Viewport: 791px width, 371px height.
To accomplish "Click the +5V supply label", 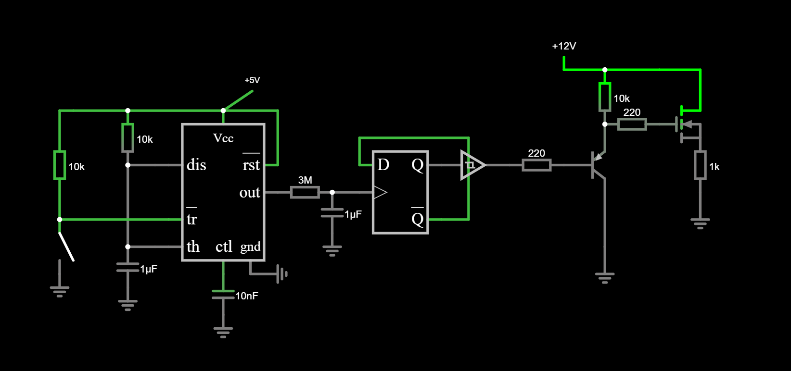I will (252, 80).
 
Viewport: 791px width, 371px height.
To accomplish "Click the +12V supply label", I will (564, 46).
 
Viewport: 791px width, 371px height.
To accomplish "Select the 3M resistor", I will (305, 192).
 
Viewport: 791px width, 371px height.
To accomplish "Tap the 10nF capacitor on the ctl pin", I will (223, 294).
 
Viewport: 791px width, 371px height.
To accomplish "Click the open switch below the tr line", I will (66, 247).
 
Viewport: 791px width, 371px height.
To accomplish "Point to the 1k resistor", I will (700, 165).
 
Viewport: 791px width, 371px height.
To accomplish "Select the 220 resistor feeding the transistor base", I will (536, 165).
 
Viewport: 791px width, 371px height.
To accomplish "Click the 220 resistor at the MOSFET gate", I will (632, 124).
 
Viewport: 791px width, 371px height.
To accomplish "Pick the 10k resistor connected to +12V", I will (605, 97).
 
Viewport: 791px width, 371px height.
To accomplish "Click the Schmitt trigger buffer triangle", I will (472, 165).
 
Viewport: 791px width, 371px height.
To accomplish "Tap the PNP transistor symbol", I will (599, 165).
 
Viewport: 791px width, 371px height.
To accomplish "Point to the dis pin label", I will (196, 165).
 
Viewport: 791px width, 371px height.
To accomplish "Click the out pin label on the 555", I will (250, 192).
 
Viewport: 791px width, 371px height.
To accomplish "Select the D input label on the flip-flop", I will (383, 165).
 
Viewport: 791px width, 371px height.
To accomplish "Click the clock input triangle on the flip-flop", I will (380, 192).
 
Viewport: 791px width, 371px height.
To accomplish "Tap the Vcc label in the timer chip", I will (223, 138).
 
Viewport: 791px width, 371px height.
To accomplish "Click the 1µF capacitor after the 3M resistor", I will (332, 212).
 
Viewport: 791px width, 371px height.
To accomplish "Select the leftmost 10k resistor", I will (60, 165).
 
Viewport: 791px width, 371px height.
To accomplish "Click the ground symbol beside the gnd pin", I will (282, 274).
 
